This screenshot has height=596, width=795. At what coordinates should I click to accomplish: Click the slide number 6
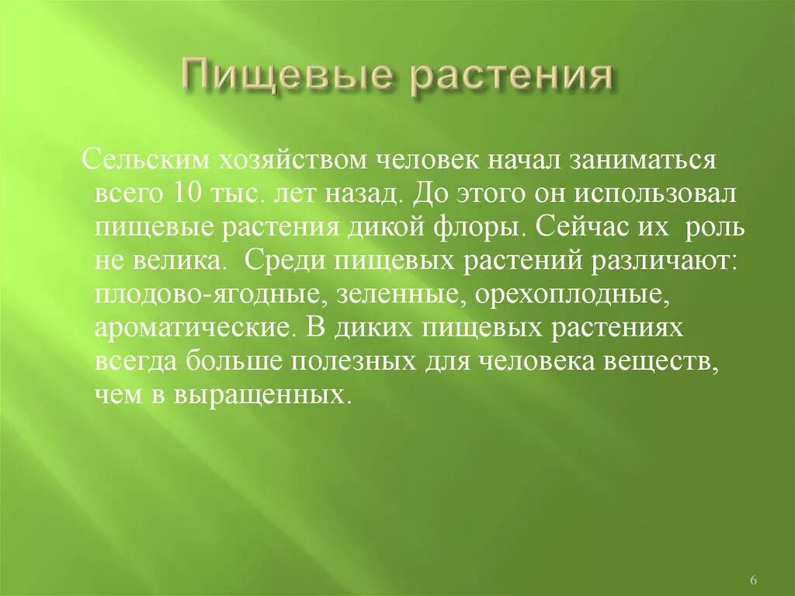[755, 580]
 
